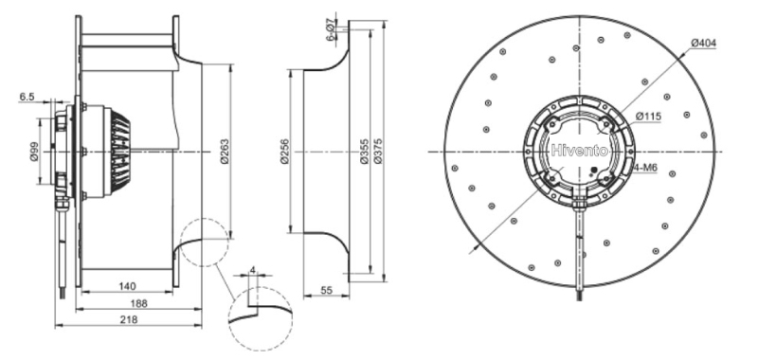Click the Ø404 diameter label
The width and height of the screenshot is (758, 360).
703,43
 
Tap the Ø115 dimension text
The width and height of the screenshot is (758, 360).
648,117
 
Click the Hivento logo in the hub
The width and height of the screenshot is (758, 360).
579,151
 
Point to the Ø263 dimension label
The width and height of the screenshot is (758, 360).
226,152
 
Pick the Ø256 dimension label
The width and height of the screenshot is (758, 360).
285,152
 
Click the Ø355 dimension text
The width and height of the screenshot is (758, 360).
365,152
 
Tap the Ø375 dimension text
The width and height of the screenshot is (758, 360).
377,152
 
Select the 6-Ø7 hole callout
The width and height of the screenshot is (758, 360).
331,29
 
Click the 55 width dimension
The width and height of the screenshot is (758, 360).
326,290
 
